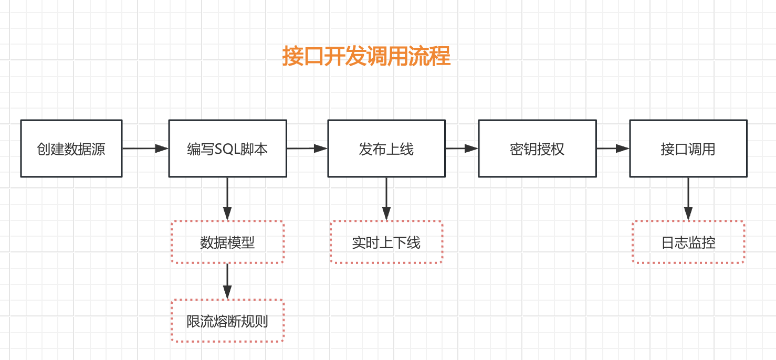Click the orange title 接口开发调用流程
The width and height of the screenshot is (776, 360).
coord(366,56)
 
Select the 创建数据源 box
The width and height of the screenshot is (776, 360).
coord(71,149)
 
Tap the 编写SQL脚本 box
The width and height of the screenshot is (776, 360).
coord(227,149)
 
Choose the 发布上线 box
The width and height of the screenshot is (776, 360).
coord(386,149)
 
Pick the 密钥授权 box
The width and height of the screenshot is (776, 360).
coord(537,149)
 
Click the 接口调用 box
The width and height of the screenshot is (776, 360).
coord(688,149)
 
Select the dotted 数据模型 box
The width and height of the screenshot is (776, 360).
coord(227,242)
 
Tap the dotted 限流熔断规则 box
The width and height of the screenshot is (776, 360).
coord(227,321)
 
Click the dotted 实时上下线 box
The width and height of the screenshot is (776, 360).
coord(386,242)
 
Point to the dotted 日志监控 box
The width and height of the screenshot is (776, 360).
coord(688,242)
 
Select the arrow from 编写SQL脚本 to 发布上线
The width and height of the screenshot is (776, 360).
coord(307,149)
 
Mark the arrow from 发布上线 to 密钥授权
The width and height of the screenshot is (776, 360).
coord(462,149)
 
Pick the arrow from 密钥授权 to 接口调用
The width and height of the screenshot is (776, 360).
coord(613,149)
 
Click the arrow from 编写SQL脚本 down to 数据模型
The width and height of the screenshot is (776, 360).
coord(227,199)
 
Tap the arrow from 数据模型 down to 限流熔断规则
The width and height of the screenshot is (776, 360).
coord(227,281)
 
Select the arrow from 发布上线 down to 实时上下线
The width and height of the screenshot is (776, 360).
coord(386,199)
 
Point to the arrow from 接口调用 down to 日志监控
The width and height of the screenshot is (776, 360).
coord(688,199)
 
